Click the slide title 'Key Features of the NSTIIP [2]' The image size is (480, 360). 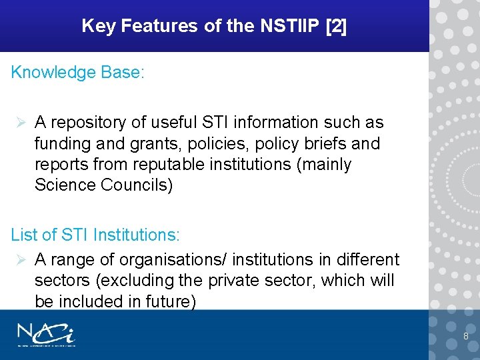(x=214, y=26)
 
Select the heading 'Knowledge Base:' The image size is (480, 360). (x=77, y=73)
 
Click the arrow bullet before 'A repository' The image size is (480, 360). (x=21, y=123)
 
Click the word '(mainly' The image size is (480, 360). (x=322, y=164)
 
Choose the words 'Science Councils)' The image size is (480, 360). (x=103, y=185)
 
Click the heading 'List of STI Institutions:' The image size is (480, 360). (x=95, y=235)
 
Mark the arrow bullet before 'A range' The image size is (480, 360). (x=21, y=259)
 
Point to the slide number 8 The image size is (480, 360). (x=466, y=336)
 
